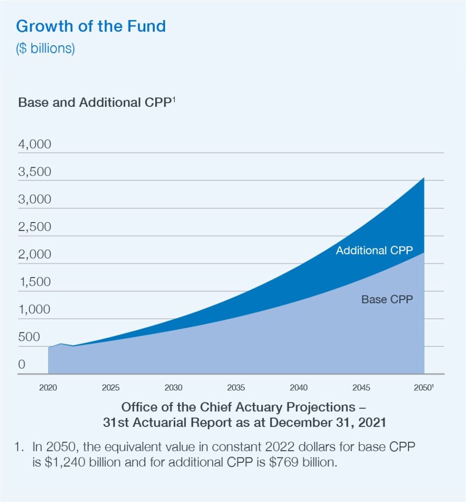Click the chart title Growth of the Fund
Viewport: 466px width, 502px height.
pos(91,26)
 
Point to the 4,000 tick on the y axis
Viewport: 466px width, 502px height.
pos(34,145)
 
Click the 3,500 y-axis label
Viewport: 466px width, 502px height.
pos(34,173)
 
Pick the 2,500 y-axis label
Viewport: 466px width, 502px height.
pos(34,227)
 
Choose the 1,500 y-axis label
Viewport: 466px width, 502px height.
pos(34,282)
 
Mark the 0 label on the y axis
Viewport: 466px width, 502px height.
pos(22,365)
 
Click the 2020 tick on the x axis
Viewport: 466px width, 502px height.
pos(48,388)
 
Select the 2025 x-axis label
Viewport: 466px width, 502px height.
pos(110,388)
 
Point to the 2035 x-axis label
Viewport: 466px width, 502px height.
pos(236,388)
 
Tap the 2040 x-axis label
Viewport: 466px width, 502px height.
pos(299,388)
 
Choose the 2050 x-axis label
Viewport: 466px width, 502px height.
pos(423,388)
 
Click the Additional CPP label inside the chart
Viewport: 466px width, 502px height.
pos(374,251)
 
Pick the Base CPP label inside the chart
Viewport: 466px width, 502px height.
pos(387,300)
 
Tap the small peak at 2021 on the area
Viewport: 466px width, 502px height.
pos(61,344)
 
